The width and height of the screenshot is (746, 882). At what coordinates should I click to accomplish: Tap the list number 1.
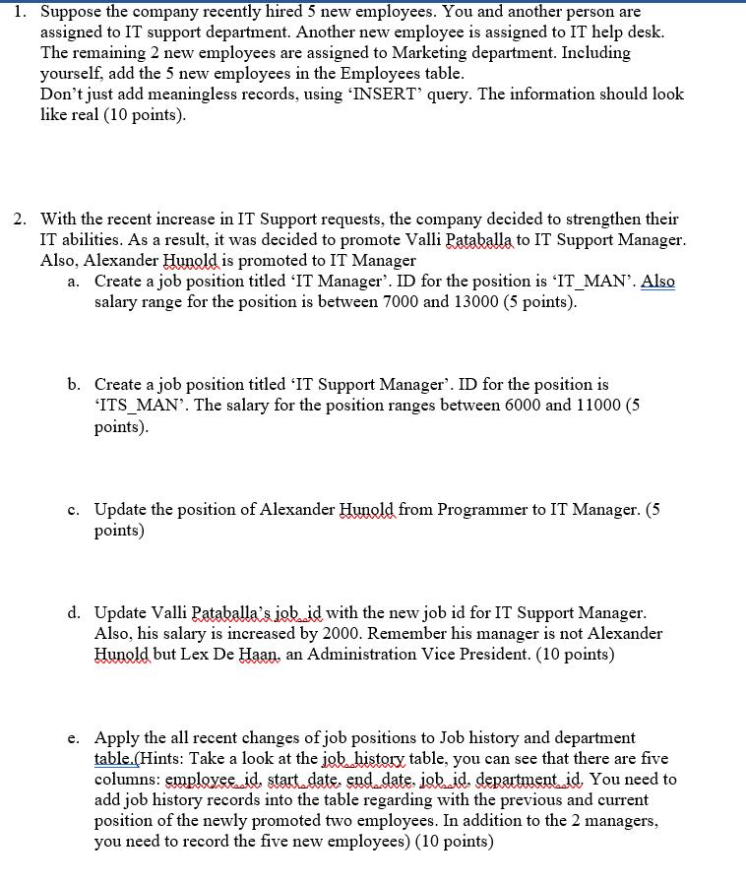tap(20, 12)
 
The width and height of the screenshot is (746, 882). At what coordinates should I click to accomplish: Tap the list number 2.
tap(20, 219)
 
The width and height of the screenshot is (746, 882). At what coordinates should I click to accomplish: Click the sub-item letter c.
tap(74, 509)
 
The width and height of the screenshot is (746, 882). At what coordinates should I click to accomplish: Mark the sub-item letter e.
tap(74, 737)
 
